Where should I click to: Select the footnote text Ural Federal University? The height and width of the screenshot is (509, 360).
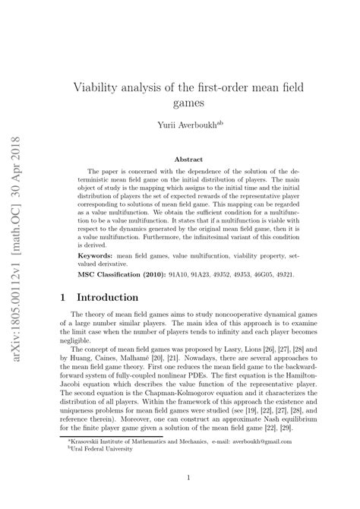(104, 447)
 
